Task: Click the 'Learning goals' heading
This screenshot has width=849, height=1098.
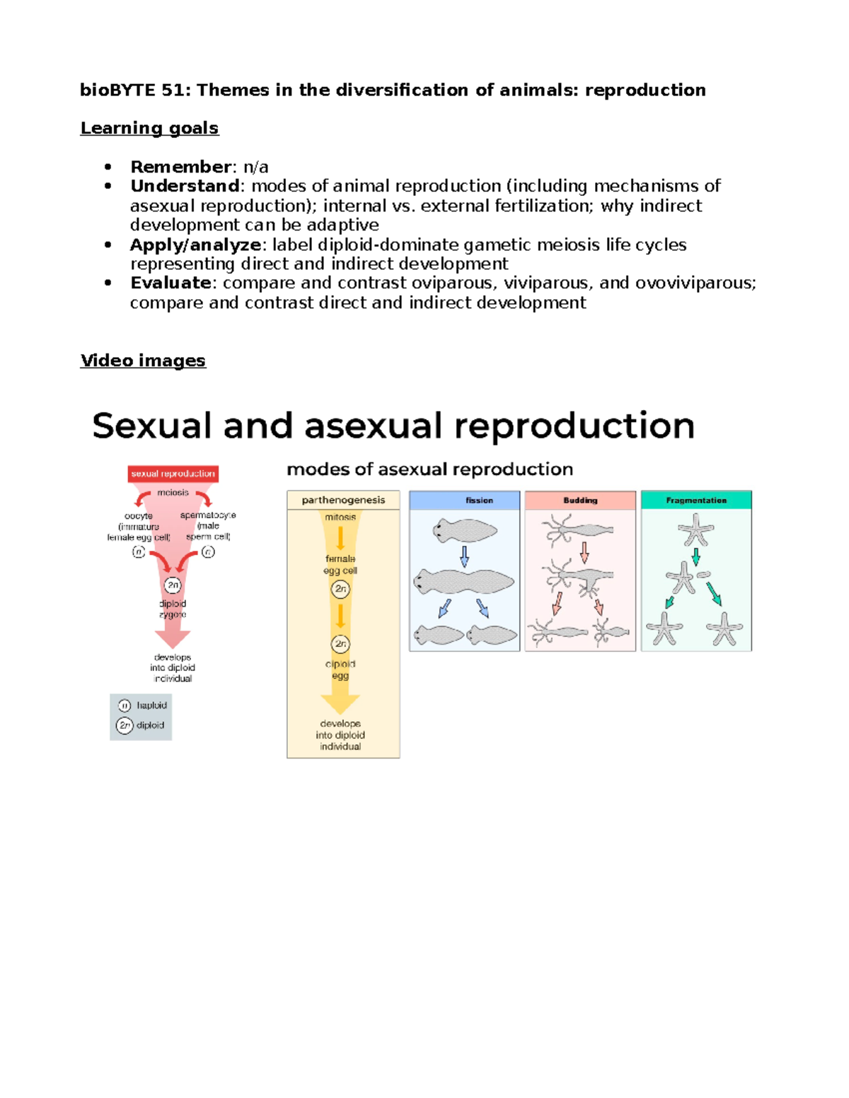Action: tap(149, 128)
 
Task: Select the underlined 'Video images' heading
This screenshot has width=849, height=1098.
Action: tap(143, 361)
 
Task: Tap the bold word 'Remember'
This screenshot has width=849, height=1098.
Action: tap(180, 167)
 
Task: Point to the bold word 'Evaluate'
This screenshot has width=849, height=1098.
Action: tap(171, 283)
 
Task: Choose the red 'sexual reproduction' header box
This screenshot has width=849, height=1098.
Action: tap(173, 474)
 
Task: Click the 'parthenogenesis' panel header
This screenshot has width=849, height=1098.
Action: tap(343, 500)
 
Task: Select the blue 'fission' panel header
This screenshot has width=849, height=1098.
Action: tap(465, 500)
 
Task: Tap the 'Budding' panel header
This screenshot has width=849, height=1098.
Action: tap(580, 500)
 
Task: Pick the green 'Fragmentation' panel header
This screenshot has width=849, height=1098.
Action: tap(696, 500)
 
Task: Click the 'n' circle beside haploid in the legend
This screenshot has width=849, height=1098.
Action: tap(125, 706)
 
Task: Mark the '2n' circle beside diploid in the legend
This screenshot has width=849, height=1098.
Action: tap(125, 725)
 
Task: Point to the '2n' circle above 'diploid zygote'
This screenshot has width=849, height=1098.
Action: tap(173, 585)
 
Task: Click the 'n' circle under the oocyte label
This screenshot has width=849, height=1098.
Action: tap(139, 552)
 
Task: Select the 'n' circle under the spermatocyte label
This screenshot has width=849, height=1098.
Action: tap(208, 552)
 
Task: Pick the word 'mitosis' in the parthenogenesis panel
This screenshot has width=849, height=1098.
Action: tap(340, 518)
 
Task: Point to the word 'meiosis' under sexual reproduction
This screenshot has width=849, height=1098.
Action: tap(173, 493)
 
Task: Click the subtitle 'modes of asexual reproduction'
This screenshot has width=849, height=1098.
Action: tap(429, 469)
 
